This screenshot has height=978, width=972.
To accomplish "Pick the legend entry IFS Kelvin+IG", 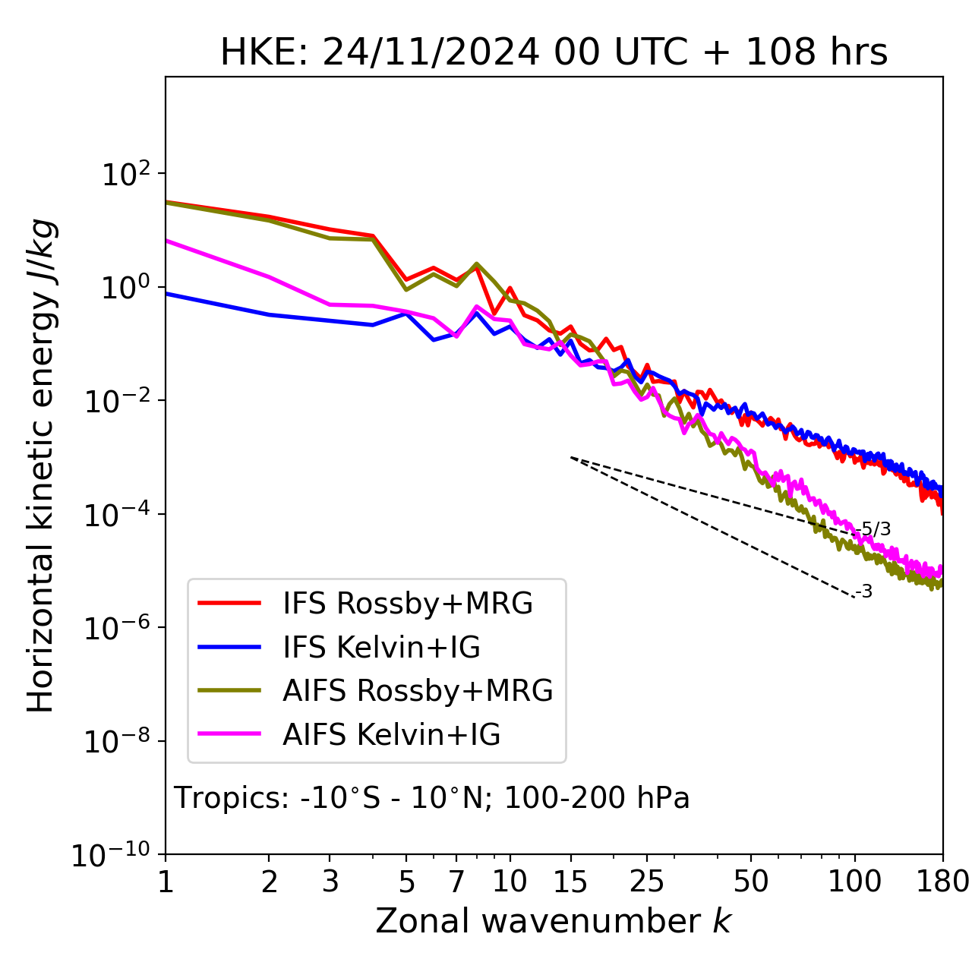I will click(x=381, y=648).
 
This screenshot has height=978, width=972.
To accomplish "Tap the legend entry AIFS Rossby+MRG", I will click(x=418, y=691).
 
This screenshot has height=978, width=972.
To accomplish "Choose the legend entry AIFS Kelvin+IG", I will click(x=391, y=735).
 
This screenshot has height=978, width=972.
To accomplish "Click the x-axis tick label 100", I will click(x=855, y=882).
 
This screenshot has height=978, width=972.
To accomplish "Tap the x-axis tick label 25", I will click(x=647, y=882).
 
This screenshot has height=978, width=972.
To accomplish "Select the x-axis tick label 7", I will click(x=456, y=882).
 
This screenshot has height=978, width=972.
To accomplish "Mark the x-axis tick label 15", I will click(x=570, y=882).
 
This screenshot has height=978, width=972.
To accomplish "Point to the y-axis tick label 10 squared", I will click(x=121, y=175).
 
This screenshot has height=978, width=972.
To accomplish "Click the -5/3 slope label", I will click(x=873, y=529).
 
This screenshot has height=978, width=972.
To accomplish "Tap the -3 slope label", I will click(x=864, y=592).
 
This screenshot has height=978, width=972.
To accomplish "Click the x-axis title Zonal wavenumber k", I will click(x=553, y=921).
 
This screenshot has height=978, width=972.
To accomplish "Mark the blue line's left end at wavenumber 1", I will click(x=167, y=293).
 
